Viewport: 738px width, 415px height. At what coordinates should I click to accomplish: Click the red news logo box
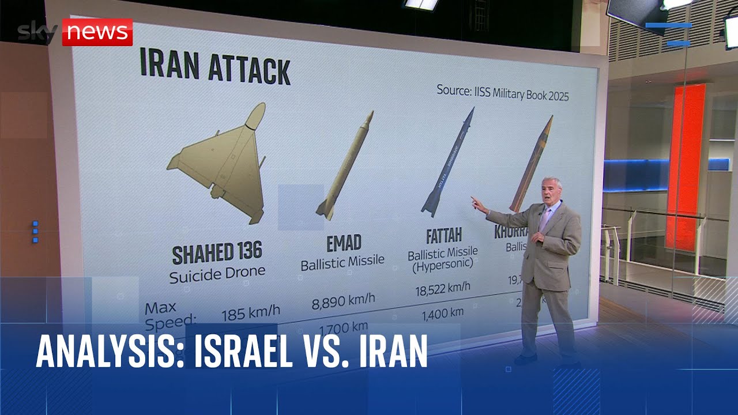click(97, 32)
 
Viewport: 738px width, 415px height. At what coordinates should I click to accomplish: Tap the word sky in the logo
click(37, 33)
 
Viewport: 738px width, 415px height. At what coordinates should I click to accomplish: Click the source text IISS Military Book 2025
click(502, 92)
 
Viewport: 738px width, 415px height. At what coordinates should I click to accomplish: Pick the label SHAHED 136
click(217, 252)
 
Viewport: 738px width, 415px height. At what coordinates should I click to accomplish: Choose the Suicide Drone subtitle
click(217, 273)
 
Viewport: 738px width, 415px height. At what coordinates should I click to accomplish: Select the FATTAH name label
click(443, 236)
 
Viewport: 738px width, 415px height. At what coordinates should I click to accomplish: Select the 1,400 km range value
click(442, 314)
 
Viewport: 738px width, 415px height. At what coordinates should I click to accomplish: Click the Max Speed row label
click(170, 313)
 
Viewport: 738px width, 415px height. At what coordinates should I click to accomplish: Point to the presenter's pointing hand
click(477, 204)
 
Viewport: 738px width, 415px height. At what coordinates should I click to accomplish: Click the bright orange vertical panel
click(686, 167)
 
